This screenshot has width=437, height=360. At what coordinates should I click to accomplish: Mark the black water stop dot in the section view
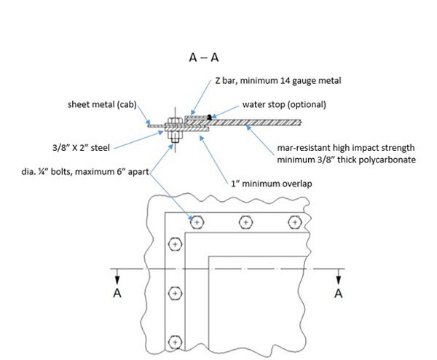pyautogui.click(x=210, y=117)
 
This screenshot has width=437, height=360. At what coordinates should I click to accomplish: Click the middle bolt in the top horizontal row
pyautogui.click(x=245, y=221)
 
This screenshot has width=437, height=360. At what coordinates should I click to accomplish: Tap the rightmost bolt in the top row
pyautogui.click(x=294, y=221)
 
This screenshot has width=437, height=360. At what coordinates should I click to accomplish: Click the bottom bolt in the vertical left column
pyautogui.click(x=174, y=341)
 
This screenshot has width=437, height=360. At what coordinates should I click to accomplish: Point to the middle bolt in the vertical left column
pyautogui.click(x=174, y=293)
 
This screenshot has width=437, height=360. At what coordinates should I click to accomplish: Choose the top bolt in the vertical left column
pyautogui.click(x=174, y=244)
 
